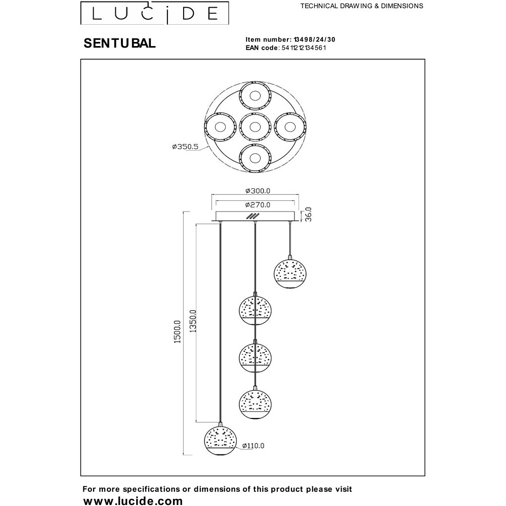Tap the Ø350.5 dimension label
tap(185, 147)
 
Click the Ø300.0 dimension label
tap(258, 191)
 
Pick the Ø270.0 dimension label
tap(258, 205)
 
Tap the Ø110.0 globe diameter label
tap(254, 446)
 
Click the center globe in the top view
tap(256, 126)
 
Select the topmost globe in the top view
tap(256, 95)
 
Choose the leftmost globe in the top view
tap(220, 126)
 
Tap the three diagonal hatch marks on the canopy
tap(250, 216)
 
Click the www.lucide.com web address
tap(132, 501)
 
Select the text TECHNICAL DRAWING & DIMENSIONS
tap(362, 6)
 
